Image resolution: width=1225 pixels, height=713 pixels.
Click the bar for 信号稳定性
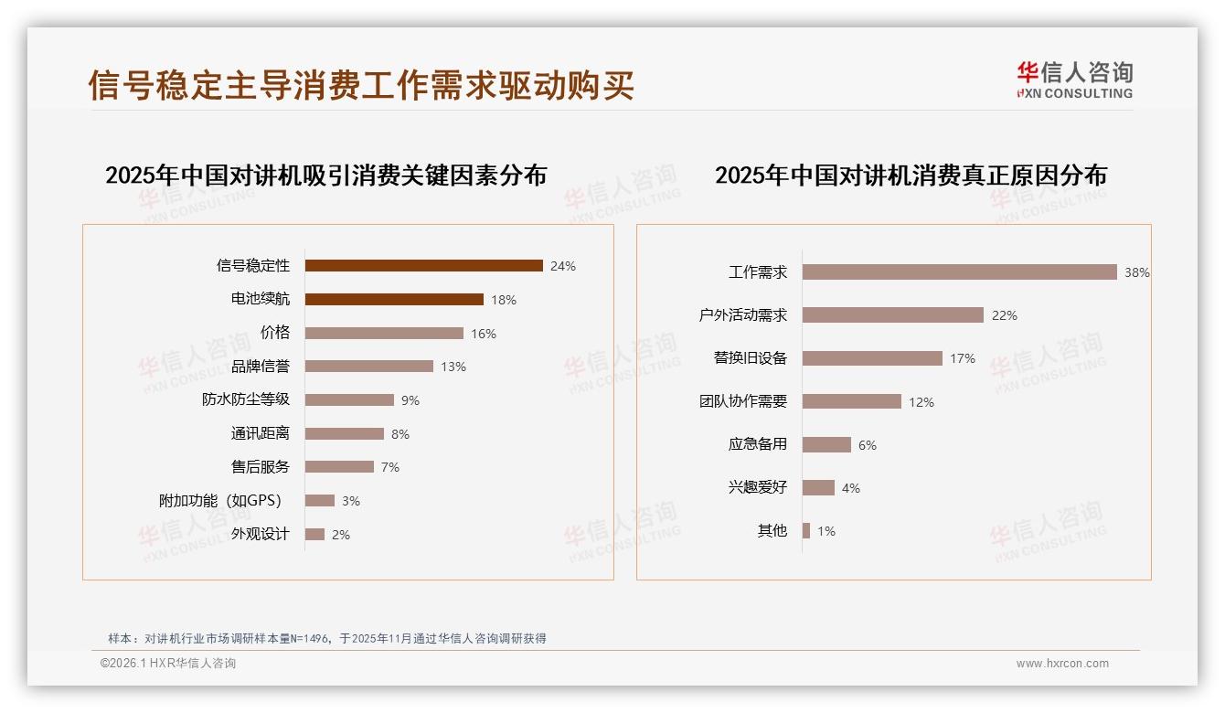point(423,266)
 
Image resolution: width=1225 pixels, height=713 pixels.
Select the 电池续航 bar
point(394,300)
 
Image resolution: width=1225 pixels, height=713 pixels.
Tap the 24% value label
point(563,266)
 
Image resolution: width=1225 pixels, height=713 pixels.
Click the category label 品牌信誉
point(261,367)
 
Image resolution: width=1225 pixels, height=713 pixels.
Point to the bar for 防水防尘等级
point(349,400)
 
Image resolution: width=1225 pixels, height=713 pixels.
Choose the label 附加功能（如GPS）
point(220,501)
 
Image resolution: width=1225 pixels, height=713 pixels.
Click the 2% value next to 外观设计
point(341,535)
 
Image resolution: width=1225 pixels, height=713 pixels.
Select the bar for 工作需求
point(959,272)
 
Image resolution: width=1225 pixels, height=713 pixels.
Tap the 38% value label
point(1136,272)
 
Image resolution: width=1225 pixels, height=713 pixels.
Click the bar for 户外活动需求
point(892,315)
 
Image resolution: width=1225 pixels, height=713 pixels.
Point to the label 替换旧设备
point(751,358)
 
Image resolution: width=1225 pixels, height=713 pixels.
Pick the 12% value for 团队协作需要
point(921,402)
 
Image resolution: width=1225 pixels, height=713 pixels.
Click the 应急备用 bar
point(826,445)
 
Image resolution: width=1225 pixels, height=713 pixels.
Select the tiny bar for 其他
point(806,531)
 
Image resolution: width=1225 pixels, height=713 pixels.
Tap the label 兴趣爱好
point(758,488)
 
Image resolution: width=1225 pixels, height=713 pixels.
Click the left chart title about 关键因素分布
point(325,176)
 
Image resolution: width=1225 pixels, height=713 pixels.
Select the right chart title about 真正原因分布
point(911,176)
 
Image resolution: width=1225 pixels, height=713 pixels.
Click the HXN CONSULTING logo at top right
point(1074,80)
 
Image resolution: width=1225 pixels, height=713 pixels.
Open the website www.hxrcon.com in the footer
point(1062,664)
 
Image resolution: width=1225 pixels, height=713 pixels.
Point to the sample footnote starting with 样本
point(326,639)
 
